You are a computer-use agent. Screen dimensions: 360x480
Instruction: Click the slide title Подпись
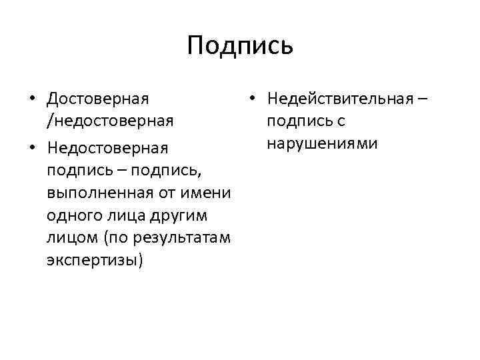point(240,45)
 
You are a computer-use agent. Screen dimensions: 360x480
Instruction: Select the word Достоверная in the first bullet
point(98,99)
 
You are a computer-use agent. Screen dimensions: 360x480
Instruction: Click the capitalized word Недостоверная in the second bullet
point(108,147)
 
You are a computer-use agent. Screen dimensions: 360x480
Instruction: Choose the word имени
point(209,193)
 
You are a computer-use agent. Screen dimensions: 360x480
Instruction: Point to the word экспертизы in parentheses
point(95,261)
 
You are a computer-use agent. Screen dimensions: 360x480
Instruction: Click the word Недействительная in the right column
point(339,99)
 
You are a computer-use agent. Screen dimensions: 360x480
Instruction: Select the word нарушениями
point(322,143)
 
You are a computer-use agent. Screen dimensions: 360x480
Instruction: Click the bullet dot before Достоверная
point(33,99)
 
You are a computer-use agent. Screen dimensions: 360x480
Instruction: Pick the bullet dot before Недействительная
point(252,99)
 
